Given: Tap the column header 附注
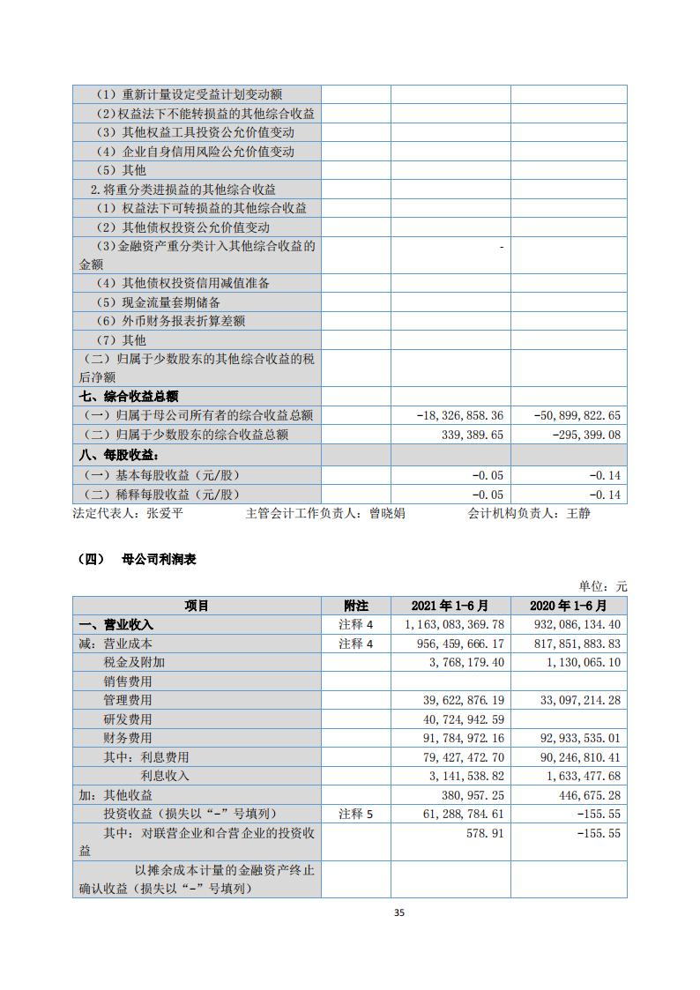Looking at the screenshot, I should [x=355, y=606].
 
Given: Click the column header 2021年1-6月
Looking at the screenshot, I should [x=450, y=606].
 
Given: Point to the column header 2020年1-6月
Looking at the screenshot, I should [x=569, y=606].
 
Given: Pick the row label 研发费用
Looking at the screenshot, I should [x=128, y=718].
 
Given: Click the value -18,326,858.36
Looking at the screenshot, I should [x=460, y=415].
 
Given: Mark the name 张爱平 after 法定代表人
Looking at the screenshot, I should [x=165, y=513].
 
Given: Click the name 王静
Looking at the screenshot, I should [x=578, y=513].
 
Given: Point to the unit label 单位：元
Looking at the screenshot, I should [x=603, y=586].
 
